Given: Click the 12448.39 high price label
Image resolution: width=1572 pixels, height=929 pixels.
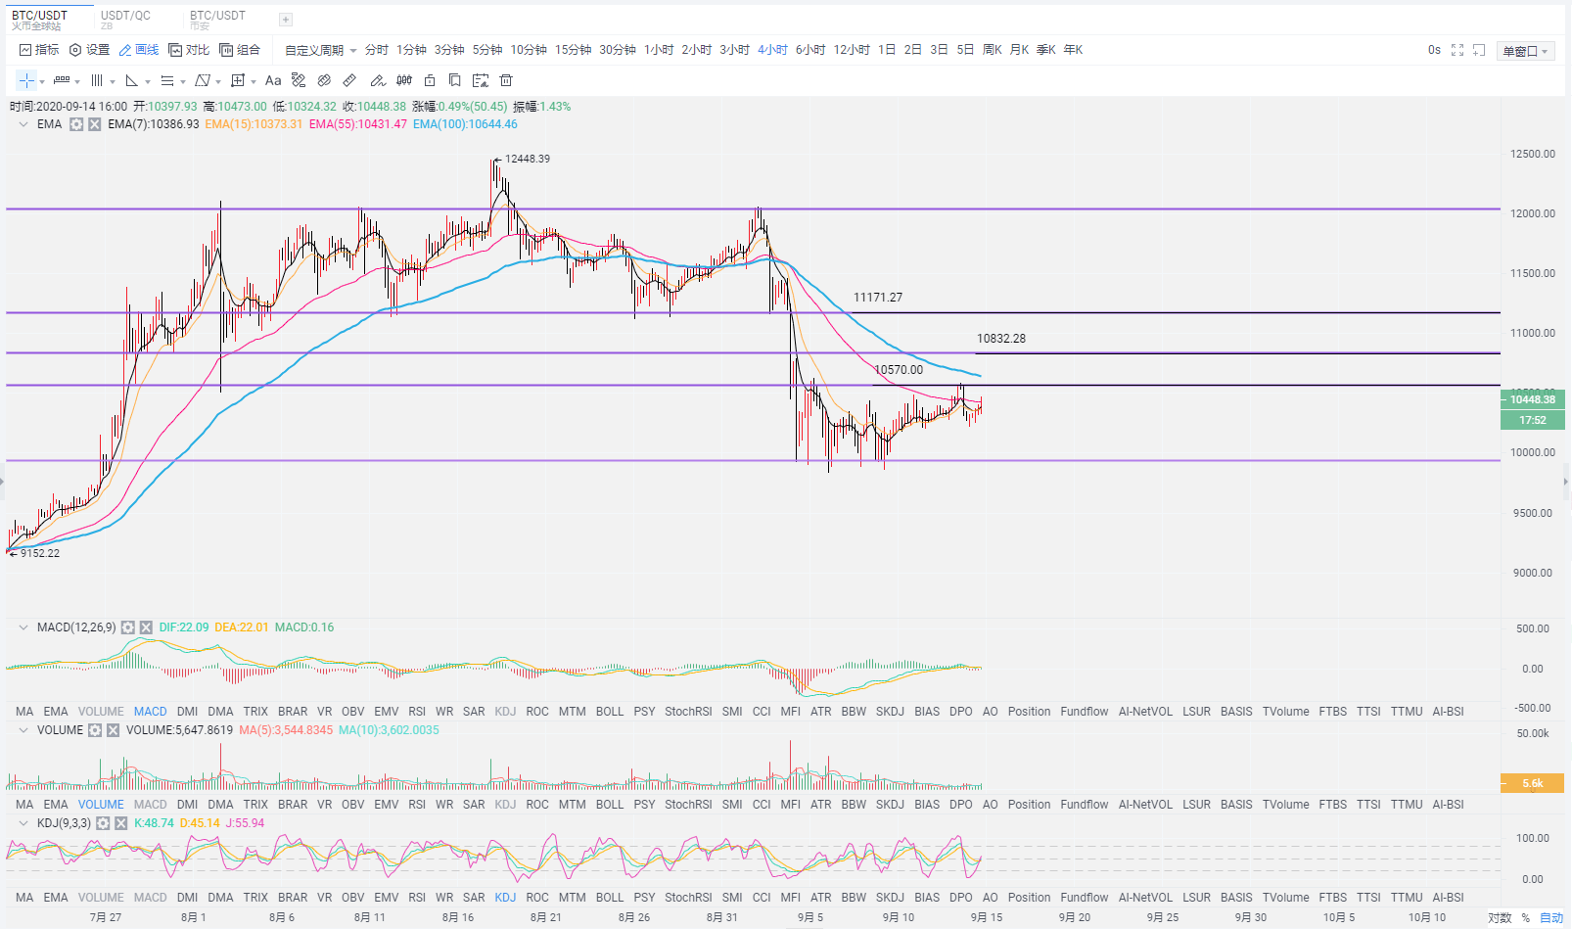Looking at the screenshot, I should click(527, 159).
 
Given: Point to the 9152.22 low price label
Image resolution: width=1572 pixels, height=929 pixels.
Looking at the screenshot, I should click(40, 553).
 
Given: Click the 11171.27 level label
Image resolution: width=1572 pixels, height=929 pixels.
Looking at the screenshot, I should click(877, 298).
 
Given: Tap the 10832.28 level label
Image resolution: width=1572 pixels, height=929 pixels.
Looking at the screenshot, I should click(1000, 339).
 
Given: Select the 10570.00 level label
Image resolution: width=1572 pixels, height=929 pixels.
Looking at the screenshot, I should click(899, 370).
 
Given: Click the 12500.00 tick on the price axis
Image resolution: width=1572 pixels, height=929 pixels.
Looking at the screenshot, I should click(1532, 154).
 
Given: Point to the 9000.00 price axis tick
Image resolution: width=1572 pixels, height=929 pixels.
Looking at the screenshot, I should click(1532, 573).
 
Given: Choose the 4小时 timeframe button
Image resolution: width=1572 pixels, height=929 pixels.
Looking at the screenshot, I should click(772, 50).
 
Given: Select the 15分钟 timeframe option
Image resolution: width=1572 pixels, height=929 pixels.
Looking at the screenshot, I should click(573, 50).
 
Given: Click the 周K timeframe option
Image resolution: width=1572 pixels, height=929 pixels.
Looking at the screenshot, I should click(992, 50).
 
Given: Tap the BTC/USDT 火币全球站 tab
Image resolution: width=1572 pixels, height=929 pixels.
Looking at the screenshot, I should click(40, 20).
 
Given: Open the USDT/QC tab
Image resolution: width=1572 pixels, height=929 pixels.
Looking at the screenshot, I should click(125, 19).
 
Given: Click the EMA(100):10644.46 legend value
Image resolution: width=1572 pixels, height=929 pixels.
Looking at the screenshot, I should click(465, 124).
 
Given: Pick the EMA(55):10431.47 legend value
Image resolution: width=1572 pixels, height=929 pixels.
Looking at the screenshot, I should click(357, 124).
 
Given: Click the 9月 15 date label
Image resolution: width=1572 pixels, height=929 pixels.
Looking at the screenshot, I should click(986, 917).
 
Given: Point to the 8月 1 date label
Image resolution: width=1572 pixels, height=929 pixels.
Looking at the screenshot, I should click(194, 917).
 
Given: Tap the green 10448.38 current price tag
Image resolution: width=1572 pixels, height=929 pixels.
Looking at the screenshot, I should click(1532, 399).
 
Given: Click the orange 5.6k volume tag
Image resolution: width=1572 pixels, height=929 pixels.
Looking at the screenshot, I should click(1532, 783).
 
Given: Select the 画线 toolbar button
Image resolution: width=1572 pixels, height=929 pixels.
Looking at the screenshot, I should click(139, 50).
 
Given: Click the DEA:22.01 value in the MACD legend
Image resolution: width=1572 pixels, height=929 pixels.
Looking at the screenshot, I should click(241, 627).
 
